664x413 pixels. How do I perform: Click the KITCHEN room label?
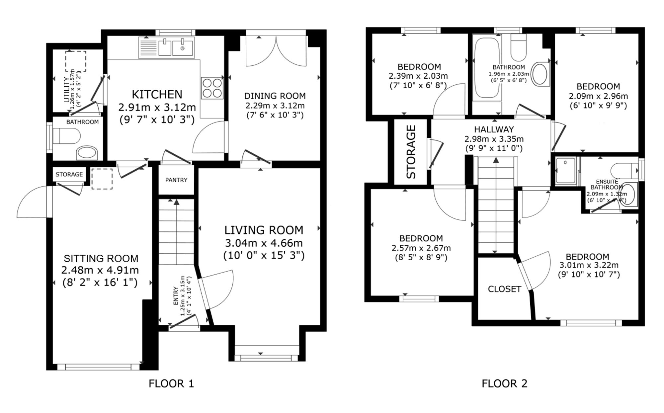[x=157, y=95]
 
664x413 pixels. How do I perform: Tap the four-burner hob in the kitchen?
[x=212, y=88]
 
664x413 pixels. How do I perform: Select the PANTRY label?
[x=176, y=180]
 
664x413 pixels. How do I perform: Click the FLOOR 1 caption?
[x=171, y=383]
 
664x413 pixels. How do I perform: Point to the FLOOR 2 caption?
[x=504, y=383]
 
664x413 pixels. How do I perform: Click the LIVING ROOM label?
[x=264, y=230]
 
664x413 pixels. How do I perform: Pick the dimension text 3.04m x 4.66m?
[x=264, y=243]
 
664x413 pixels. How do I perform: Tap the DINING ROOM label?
[x=275, y=96]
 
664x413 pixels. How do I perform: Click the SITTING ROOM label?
[x=101, y=258]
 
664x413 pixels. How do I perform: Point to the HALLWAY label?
[x=494, y=129]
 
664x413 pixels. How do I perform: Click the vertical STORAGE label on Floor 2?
[x=411, y=152]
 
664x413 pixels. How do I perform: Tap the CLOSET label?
[x=504, y=289]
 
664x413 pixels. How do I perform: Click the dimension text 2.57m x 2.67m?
[x=421, y=248]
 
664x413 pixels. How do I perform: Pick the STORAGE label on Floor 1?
[x=69, y=174]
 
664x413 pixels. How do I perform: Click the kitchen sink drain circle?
[x=182, y=48]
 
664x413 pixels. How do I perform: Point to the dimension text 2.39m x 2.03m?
[x=418, y=76]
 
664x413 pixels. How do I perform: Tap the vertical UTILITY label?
[x=66, y=90]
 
